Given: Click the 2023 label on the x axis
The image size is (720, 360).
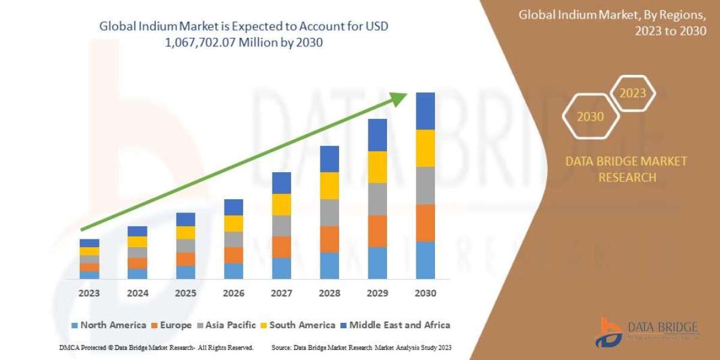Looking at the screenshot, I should coord(89,293).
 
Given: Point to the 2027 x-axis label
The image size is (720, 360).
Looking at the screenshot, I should coord(281,293).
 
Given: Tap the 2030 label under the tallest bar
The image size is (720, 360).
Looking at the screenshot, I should coord(425,293).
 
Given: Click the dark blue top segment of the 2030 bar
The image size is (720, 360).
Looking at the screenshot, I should coord(425,111).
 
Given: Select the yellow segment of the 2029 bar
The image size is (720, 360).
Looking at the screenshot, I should coord(377,167).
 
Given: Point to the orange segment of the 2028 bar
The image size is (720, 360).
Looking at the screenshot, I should coord(329,239).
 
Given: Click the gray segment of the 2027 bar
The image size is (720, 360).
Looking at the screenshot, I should coord(281,226).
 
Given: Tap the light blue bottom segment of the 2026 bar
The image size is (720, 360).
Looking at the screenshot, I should coord(233,271).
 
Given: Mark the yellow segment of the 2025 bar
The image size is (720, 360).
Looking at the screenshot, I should coord(185,233).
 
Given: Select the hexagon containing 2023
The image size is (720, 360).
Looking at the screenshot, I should coord(632,94).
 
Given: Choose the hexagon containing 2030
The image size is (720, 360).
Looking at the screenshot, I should coord(590,117).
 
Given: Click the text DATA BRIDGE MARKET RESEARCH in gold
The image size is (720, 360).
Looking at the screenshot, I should coord(626,169).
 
